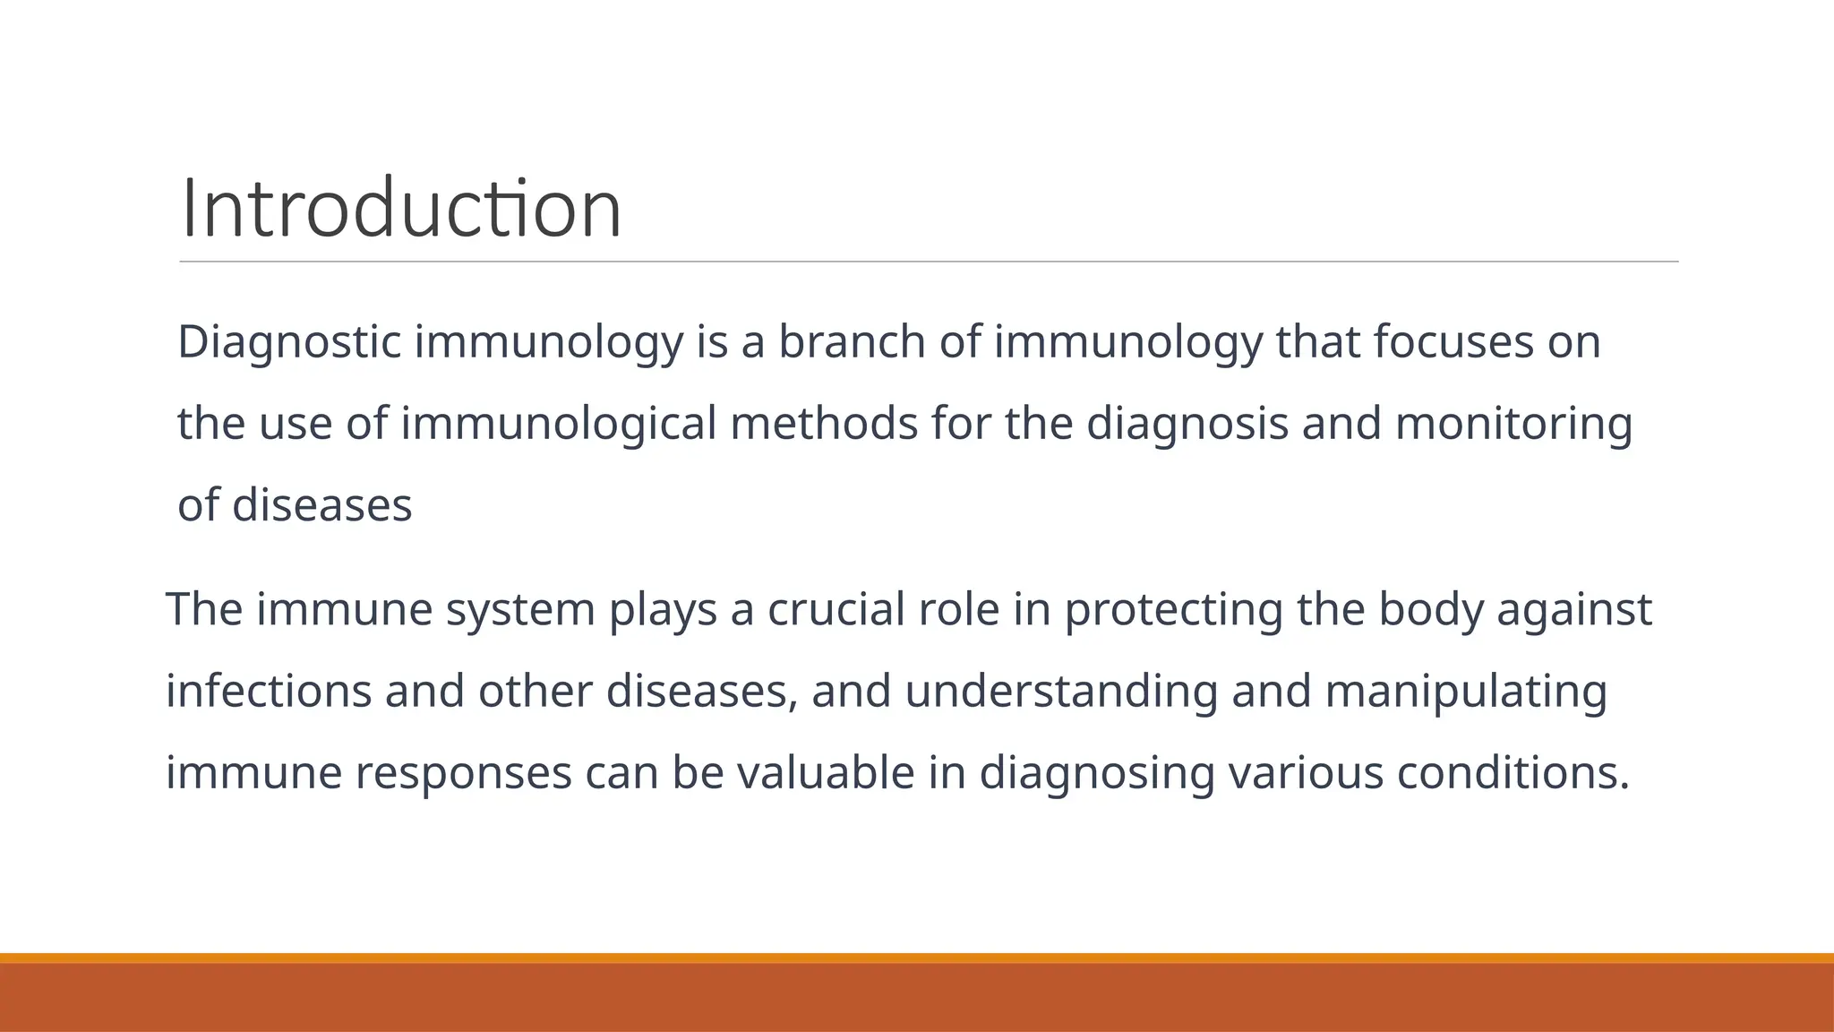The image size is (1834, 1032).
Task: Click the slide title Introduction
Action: [400, 210]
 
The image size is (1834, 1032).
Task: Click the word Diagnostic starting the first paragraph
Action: [288, 343]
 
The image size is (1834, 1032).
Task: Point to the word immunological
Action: [558, 424]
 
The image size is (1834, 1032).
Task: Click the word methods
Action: [824, 424]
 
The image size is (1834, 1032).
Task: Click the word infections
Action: [269, 692]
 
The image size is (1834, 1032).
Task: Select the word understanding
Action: [1061, 692]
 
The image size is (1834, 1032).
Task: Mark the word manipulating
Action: [1465, 692]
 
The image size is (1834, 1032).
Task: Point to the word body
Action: [1429, 610]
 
